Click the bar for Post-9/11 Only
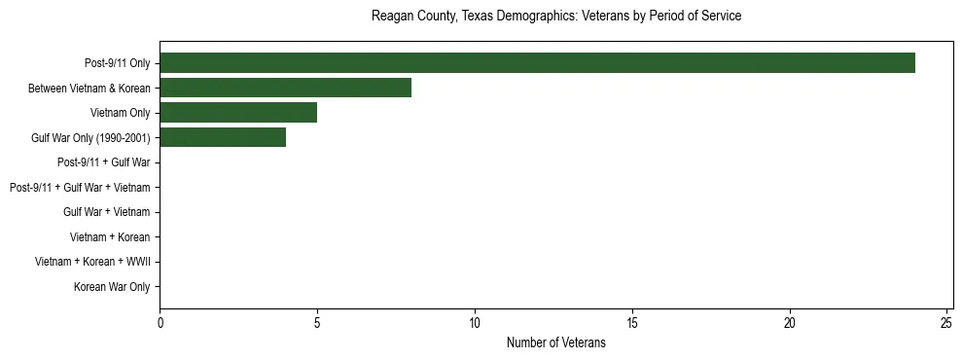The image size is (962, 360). coord(537,63)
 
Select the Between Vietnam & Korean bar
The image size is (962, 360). coord(285,89)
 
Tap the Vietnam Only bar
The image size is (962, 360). coord(238,113)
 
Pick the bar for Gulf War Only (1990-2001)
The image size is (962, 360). coord(223,138)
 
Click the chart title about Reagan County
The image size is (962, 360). coord(556,17)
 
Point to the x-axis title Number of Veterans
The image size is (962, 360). coord(556,342)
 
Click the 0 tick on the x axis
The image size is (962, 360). coord(160,322)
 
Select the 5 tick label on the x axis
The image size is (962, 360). coord(317,322)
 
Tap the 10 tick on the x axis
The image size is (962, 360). coord(475,322)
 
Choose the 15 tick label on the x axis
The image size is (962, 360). coord(632,322)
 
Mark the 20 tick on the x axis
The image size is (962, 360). coord(790,322)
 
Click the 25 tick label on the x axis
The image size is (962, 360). coord(947,322)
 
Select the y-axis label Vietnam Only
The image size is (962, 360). coord(121,113)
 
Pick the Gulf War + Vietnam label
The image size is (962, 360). coord(107,212)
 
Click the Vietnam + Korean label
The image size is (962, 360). coord(110,237)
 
